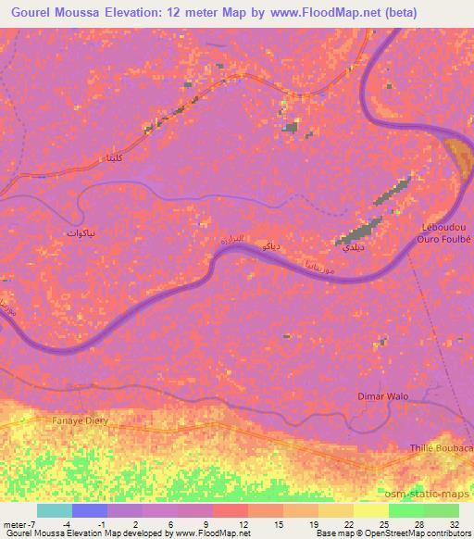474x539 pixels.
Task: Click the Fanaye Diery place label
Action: [x=66, y=417]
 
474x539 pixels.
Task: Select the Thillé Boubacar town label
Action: [x=441, y=448]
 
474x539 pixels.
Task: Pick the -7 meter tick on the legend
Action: [x=19, y=524]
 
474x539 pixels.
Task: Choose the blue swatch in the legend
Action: [x=90, y=510]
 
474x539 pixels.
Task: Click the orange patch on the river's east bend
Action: [x=457, y=156]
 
